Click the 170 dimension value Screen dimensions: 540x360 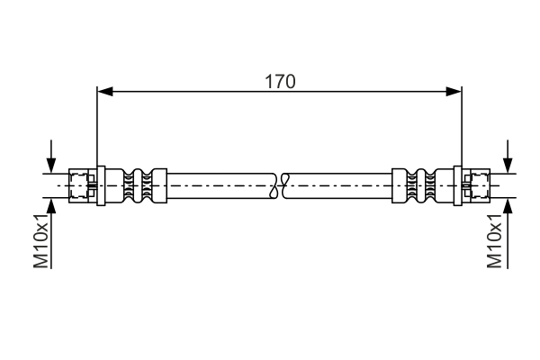click(280, 82)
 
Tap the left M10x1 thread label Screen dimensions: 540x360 click(41, 240)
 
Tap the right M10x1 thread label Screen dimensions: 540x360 click(494, 240)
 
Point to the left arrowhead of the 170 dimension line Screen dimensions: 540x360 click(104, 92)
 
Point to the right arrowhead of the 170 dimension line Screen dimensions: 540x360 click(454, 92)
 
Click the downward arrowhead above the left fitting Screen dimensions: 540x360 click(51, 166)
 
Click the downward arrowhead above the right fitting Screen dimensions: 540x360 click(508, 166)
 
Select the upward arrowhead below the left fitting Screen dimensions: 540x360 click(51, 206)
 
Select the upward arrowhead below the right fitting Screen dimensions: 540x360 click(508, 206)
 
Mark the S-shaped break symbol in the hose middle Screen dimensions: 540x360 click(280, 185)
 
